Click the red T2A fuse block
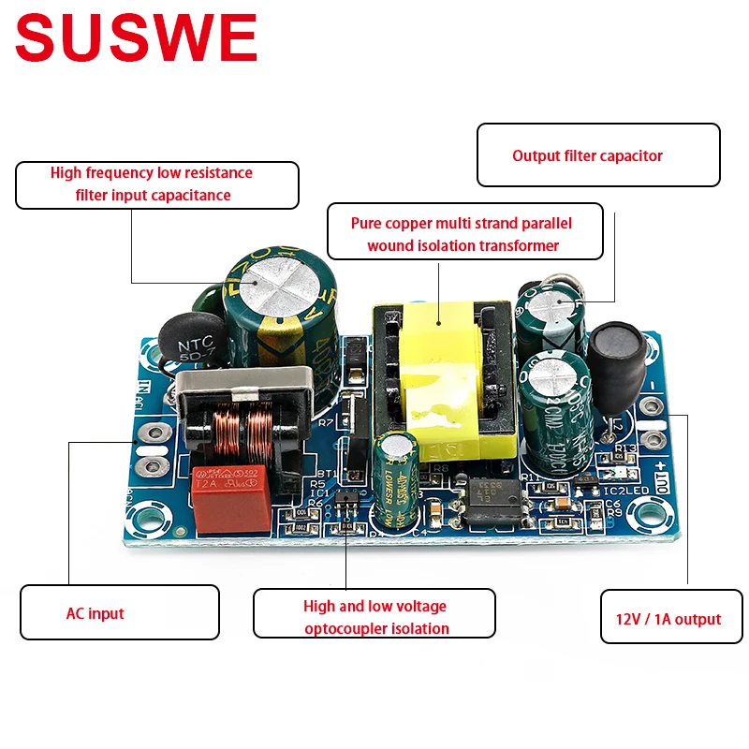[231, 497]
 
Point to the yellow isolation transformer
[446, 374]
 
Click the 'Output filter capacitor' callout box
[598, 155]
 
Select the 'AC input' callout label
[119, 613]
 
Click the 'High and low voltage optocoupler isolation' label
[374, 617]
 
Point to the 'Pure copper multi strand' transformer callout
[464, 234]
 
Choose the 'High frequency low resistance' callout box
[156, 184]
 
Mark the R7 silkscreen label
[325, 423]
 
